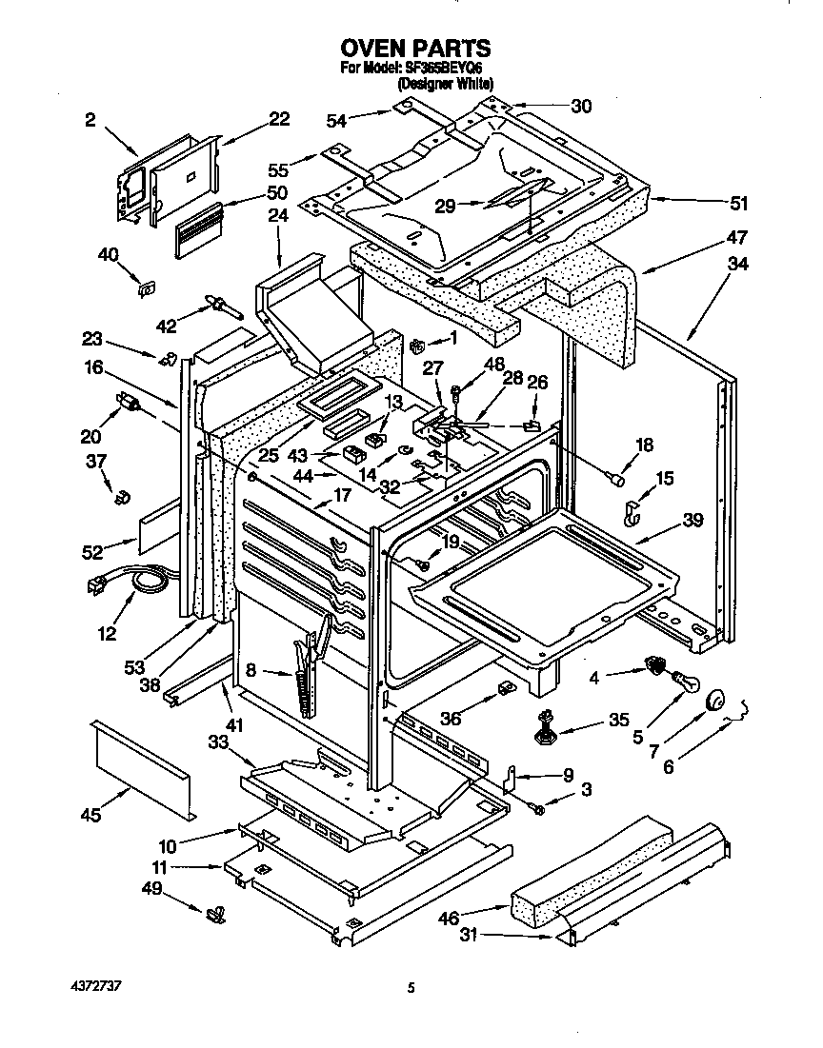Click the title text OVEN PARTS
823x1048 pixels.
415,49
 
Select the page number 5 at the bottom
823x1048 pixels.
411,988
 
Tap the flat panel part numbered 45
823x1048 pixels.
143,767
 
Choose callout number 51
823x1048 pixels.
738,204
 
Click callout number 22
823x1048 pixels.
278,119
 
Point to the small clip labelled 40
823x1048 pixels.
148,288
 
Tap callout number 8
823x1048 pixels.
251,670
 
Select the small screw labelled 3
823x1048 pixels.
538,807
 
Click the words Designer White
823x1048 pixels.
446,84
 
